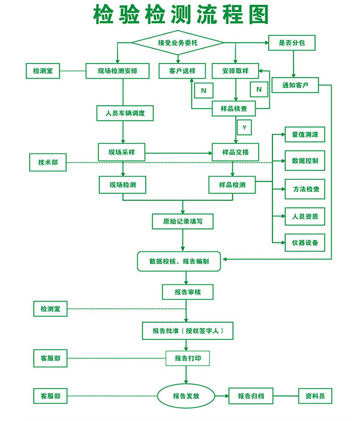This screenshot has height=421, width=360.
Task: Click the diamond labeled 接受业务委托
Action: (x=178, y=43)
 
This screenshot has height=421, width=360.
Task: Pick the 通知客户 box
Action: (x=295, y=86)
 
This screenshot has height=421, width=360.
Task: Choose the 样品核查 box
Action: (x=235, y=108)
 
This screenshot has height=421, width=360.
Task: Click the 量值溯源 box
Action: (x=305, y=134)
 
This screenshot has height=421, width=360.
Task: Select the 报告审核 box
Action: (x=187, y=292)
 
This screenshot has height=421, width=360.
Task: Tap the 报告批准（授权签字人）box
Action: (x=187, y=330)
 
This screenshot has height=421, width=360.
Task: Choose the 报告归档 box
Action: (x=255, y=396)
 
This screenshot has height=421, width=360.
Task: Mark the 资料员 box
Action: (x=315, y=396)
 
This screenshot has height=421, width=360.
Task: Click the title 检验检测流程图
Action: (x=181, y=14)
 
